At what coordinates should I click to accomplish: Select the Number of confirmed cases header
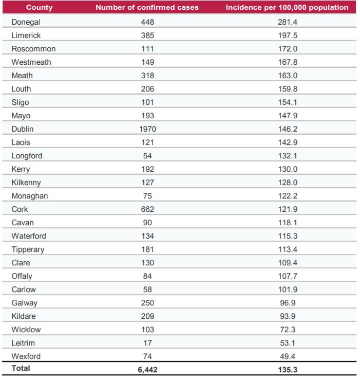tap(147, 8)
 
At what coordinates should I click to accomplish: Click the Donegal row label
tap(26, 22)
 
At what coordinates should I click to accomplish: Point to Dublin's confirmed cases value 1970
tap(147, 129)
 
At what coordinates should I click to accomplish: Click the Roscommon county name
tap(33, 49)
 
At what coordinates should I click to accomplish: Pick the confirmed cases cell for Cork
tap(147, 209)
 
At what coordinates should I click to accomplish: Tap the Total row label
tap(21, 368)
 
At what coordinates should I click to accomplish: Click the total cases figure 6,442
tap(147, 369)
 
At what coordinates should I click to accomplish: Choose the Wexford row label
tap(26, 356)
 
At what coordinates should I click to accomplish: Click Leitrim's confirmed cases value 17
tap(147, 343)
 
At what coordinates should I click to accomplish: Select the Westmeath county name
tap(31, 62)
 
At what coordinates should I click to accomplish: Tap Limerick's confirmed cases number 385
tap(147, 35)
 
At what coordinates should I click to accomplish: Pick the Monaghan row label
tap(30, 196)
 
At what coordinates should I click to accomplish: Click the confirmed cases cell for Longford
tap(147, 156)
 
